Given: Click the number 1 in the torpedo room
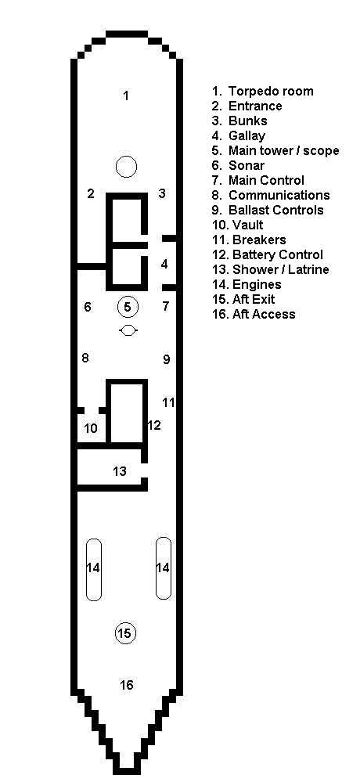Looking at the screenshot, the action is pos(126,95).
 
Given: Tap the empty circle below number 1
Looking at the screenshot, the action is pos(126,167).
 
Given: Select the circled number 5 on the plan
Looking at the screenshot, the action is pos(127,306).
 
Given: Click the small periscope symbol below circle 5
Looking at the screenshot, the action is pos(128,330).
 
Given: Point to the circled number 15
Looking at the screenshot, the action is pos(124,633).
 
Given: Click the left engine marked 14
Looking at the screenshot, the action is pos(94,568).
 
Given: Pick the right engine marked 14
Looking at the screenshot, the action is pos(164,568).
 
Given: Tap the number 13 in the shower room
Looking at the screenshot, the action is pos(120,470).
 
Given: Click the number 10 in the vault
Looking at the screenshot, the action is pos(91,428).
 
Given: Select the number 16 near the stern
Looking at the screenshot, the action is pos(127,685).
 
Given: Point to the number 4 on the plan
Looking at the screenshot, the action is pos(164,265).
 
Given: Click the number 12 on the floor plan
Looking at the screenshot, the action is pos(154,425).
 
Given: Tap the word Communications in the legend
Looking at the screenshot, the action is pos(279,195).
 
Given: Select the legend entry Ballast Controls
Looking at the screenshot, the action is pos(276,210).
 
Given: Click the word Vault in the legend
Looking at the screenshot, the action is pos(248,225).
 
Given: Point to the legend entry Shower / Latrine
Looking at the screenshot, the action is pos(281,270).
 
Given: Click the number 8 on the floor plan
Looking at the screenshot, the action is pos(85,358).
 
